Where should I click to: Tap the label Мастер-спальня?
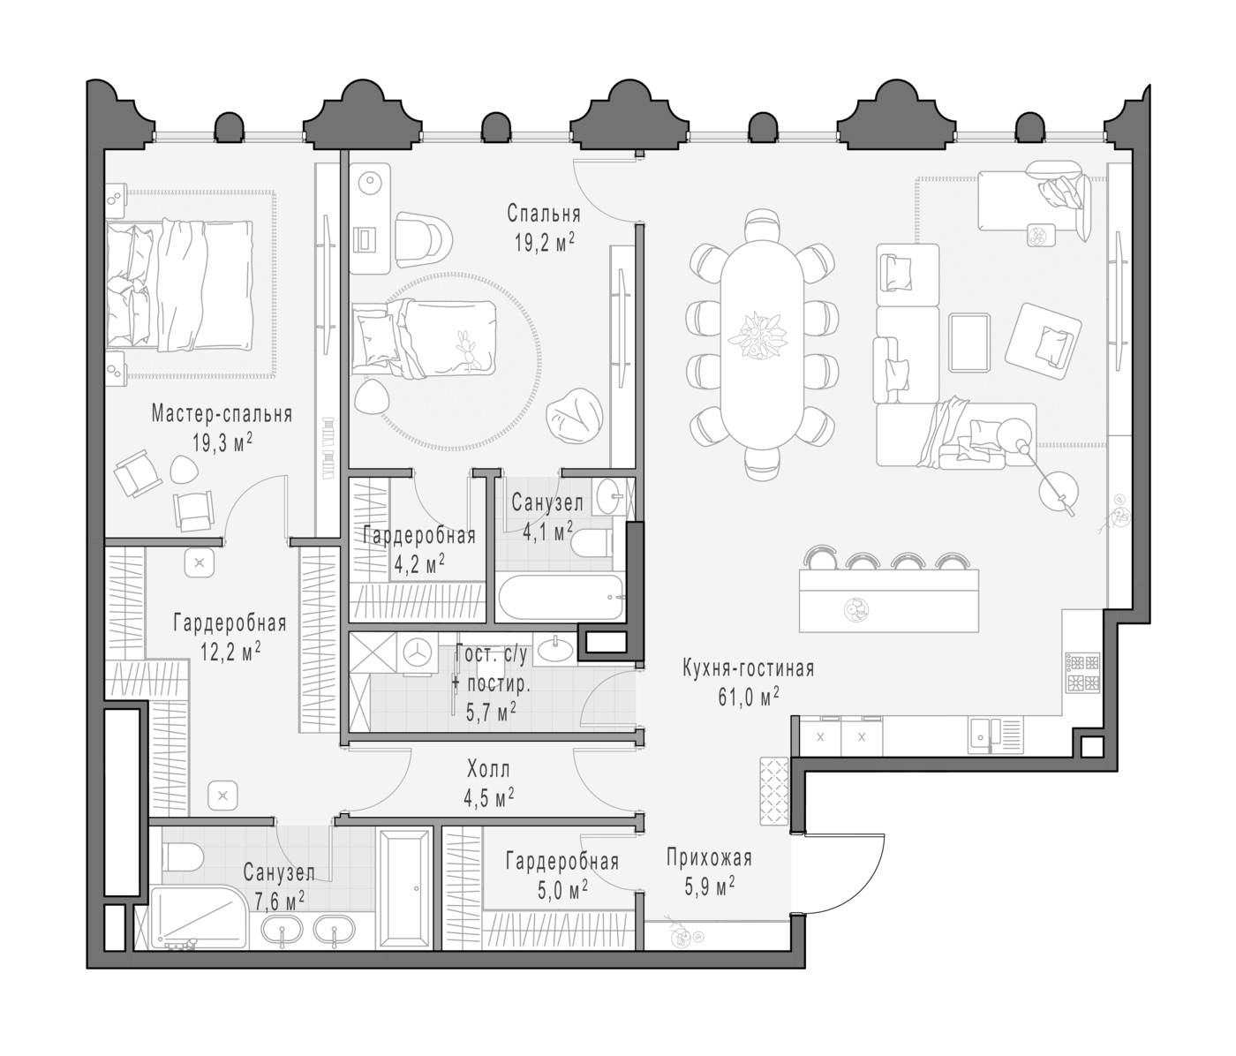click(222, 414)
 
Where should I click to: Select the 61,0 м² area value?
click(749, 697)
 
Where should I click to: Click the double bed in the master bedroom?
click(179, 284)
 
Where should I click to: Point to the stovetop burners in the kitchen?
click(1083, 673)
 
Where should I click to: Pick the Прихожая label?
click(709, 859)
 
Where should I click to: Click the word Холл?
click(489, 770)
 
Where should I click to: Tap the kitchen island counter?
click(888, 600)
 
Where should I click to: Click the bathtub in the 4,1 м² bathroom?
click(561, 598)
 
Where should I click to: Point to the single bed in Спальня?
click(424, 338)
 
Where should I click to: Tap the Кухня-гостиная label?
click(749, 668)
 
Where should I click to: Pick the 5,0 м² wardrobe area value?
click(562, 890)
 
